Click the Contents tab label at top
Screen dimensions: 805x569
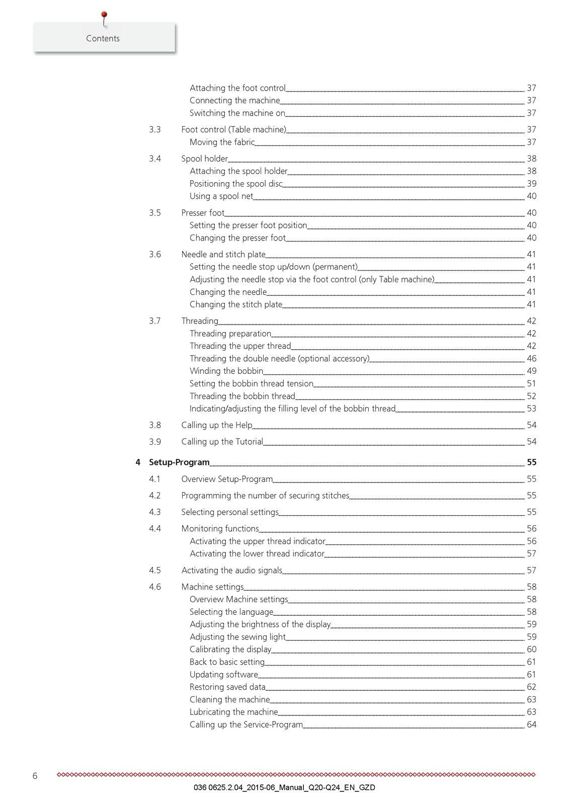point(103,38)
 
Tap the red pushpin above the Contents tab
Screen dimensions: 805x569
point(104,16)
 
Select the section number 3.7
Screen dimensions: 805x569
point(155,321)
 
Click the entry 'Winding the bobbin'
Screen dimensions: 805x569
point(226,371)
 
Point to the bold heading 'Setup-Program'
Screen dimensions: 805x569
point(179,462)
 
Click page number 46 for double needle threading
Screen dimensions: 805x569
point(531,359)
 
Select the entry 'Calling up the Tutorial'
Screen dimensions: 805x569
point(222,442)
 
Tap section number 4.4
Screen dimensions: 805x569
point(155,529)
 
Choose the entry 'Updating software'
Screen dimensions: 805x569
point(224,675)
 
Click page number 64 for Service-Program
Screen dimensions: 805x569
point(531,725)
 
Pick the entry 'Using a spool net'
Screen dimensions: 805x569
point(221,196)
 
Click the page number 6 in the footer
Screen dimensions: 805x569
point(35,776)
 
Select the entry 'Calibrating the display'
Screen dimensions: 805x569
point(230,650)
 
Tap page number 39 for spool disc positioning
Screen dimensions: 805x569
point(531,184)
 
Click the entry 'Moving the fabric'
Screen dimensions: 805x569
point(222,142)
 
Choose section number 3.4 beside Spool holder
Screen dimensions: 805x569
point(155,158)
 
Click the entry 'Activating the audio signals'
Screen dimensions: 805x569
point(231,571)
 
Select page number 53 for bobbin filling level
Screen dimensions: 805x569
point(531,409)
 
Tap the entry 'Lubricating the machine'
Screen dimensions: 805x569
point(234,712)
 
